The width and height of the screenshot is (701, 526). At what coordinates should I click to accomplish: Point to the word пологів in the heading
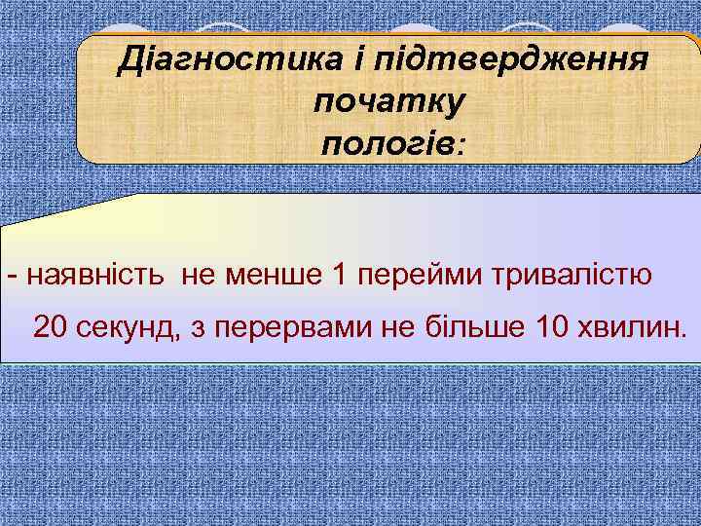coord(387,144)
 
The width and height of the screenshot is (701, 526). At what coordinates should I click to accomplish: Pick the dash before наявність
coord(11,276)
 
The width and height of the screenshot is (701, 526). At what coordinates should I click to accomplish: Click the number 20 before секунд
coord(51,327)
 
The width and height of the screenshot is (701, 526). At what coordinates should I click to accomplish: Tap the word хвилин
coord(633,327)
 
